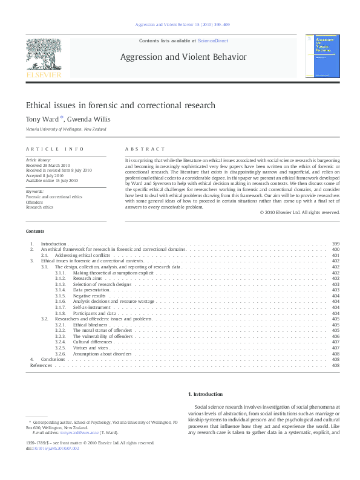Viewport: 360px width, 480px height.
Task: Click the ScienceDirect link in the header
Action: click(x=215, y=41)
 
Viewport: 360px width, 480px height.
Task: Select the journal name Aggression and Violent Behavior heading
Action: click(x=183, y=57)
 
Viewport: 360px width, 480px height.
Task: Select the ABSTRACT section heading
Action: click(x=145, y=149)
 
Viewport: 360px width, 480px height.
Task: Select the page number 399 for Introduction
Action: click(x=335, y=243)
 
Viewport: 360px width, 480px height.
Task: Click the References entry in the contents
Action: click(x=41, y=365)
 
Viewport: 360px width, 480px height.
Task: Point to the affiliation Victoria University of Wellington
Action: click(x=67, y=129)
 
